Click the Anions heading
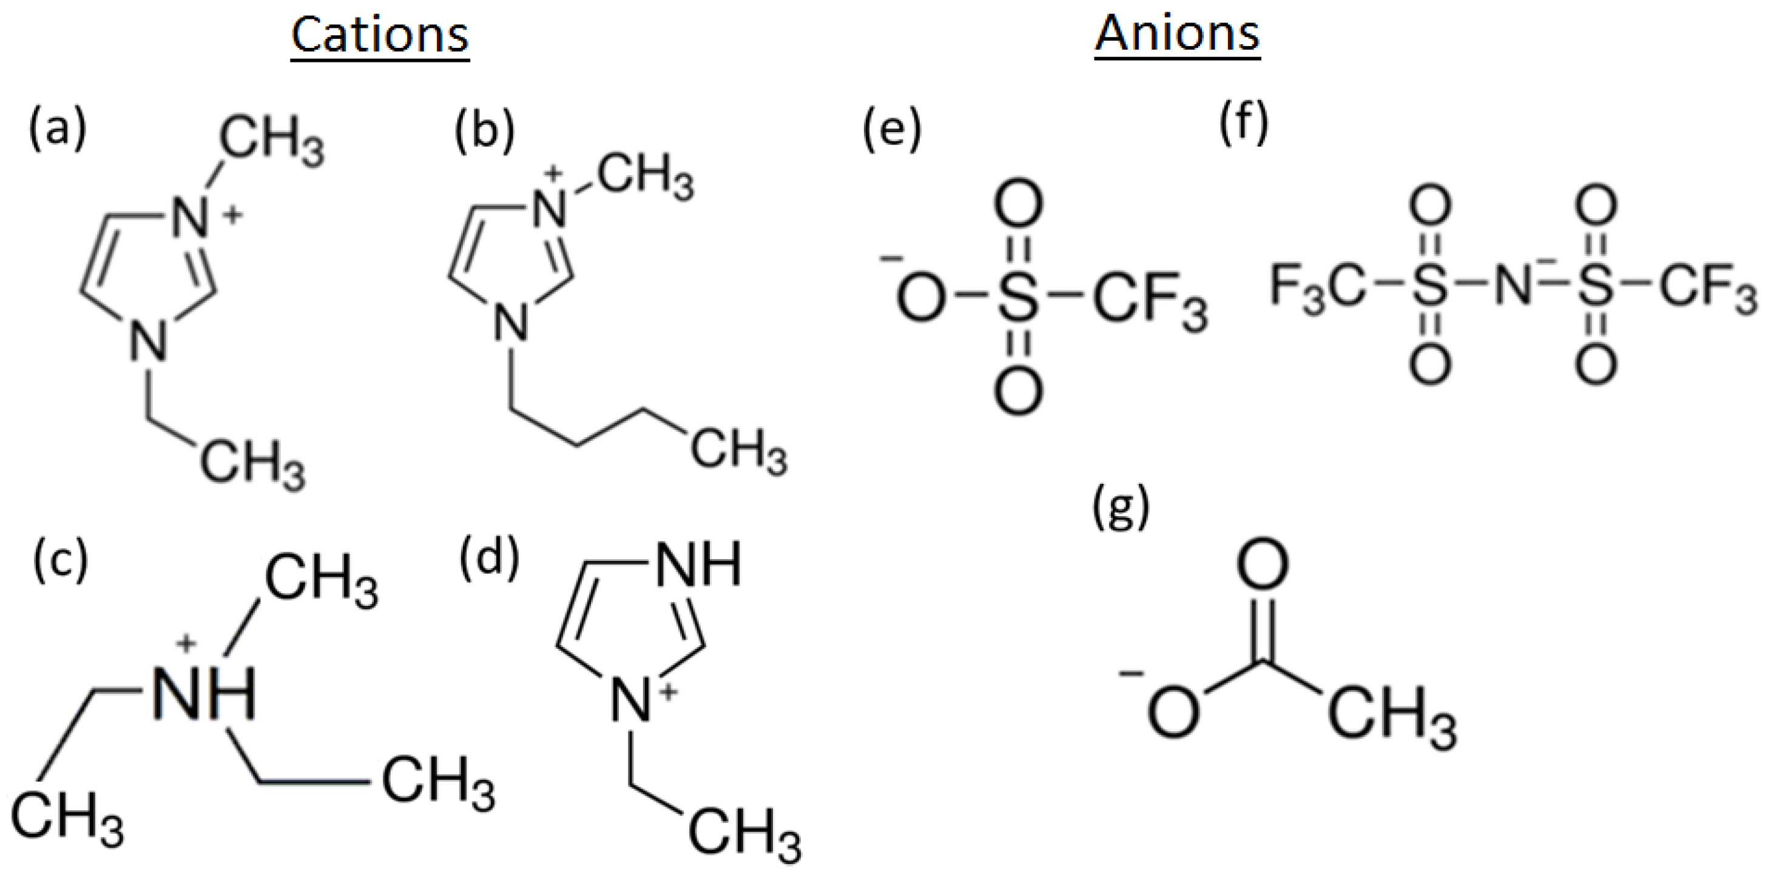pos(1178,33)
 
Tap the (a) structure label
pos(58,128)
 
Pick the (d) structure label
pos(489,557)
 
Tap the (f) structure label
pos(1244,124)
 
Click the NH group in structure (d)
pos(698,565)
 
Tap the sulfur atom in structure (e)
pos(1019,297)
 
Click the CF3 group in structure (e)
pos(1148,301)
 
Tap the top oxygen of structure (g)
pos(1263,565)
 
